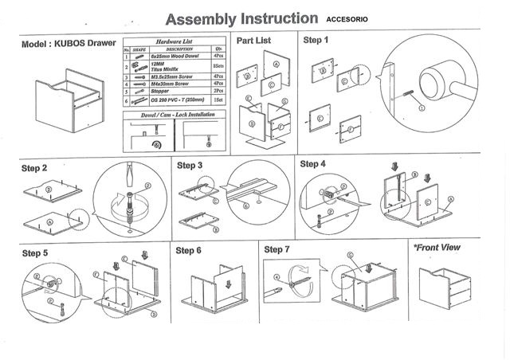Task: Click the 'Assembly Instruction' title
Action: (x=248, y=18)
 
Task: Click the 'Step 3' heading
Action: (x=190, y=166)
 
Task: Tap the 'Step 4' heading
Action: (x=312, y=164)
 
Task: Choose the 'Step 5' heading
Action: (x=35, y=252)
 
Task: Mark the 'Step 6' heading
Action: (x=187, y=250)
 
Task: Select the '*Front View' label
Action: (x=437, y=248)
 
